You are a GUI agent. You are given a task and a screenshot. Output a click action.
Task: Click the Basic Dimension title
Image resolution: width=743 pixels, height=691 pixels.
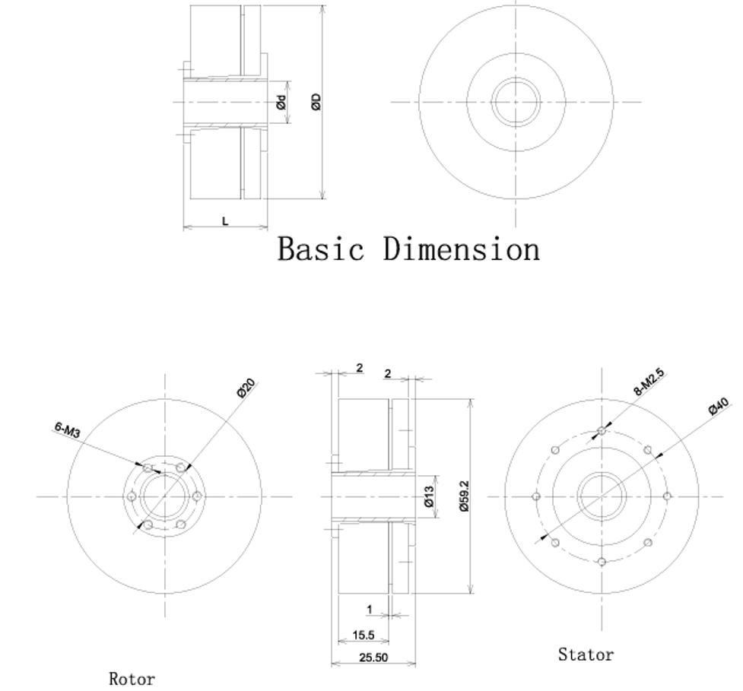click(408, 249)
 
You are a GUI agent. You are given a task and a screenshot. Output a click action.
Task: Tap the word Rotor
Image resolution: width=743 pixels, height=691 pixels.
click(132, 679)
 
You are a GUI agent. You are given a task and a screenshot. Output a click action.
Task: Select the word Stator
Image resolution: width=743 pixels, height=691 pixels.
click(586, 655)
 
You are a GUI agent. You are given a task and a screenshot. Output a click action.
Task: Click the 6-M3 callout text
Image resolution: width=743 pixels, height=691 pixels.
click(67, 429)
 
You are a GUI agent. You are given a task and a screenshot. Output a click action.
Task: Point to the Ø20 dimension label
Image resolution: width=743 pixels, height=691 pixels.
click(246, 388)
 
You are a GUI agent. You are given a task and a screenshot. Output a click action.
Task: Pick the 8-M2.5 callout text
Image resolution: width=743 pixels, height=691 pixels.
click(649, 382)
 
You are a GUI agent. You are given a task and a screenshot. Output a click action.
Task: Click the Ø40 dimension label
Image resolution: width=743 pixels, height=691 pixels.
click(719, 407)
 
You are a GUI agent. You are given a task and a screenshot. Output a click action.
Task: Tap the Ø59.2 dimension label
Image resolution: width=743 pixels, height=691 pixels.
click(464, 496)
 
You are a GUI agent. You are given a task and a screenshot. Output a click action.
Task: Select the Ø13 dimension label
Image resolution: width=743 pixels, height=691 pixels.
click(430, 496)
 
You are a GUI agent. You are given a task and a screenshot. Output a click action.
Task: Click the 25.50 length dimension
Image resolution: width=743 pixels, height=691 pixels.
click(373, 658)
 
